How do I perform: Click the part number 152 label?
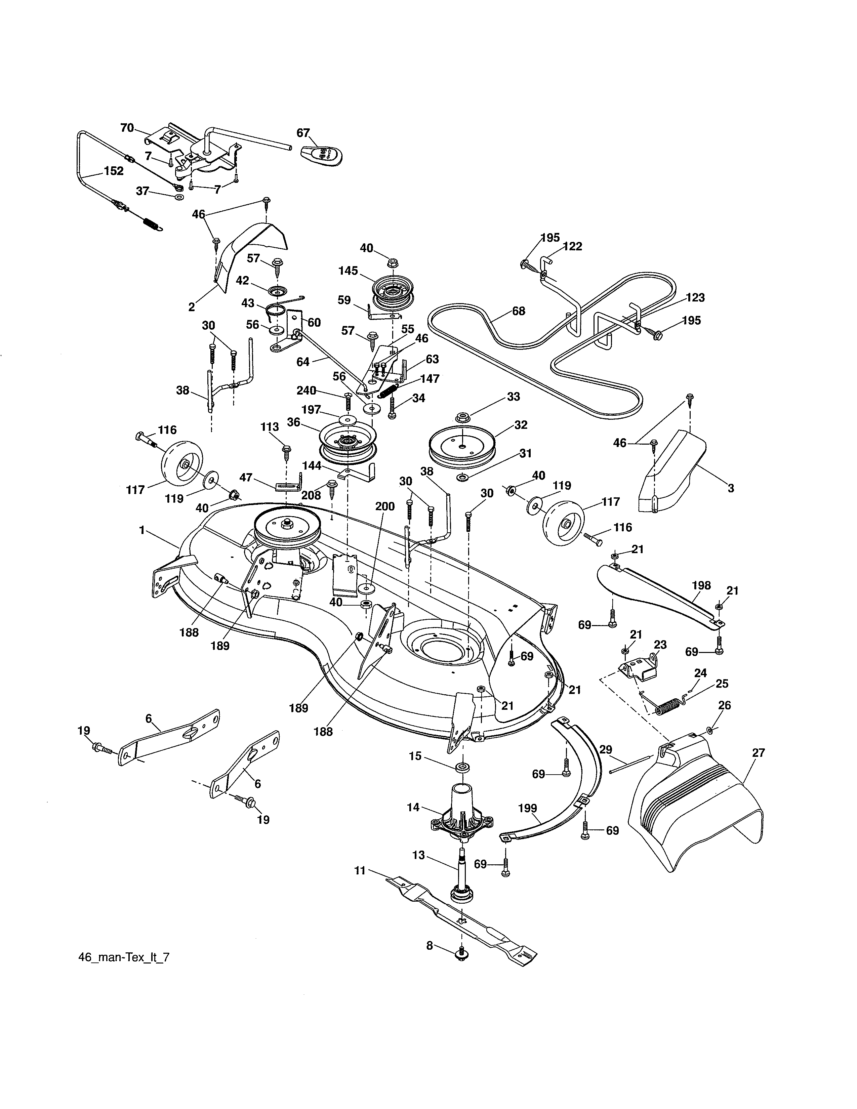click(x=113, y=171)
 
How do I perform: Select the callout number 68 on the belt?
click(x=518, y=311)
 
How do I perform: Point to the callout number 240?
click(x=307, y=391)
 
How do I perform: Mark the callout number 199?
click(x=528, y=808)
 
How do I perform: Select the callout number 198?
click(x=701, y=585)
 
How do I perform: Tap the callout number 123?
click(x=695, y=297)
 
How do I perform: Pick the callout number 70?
click(x=127, y=128)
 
